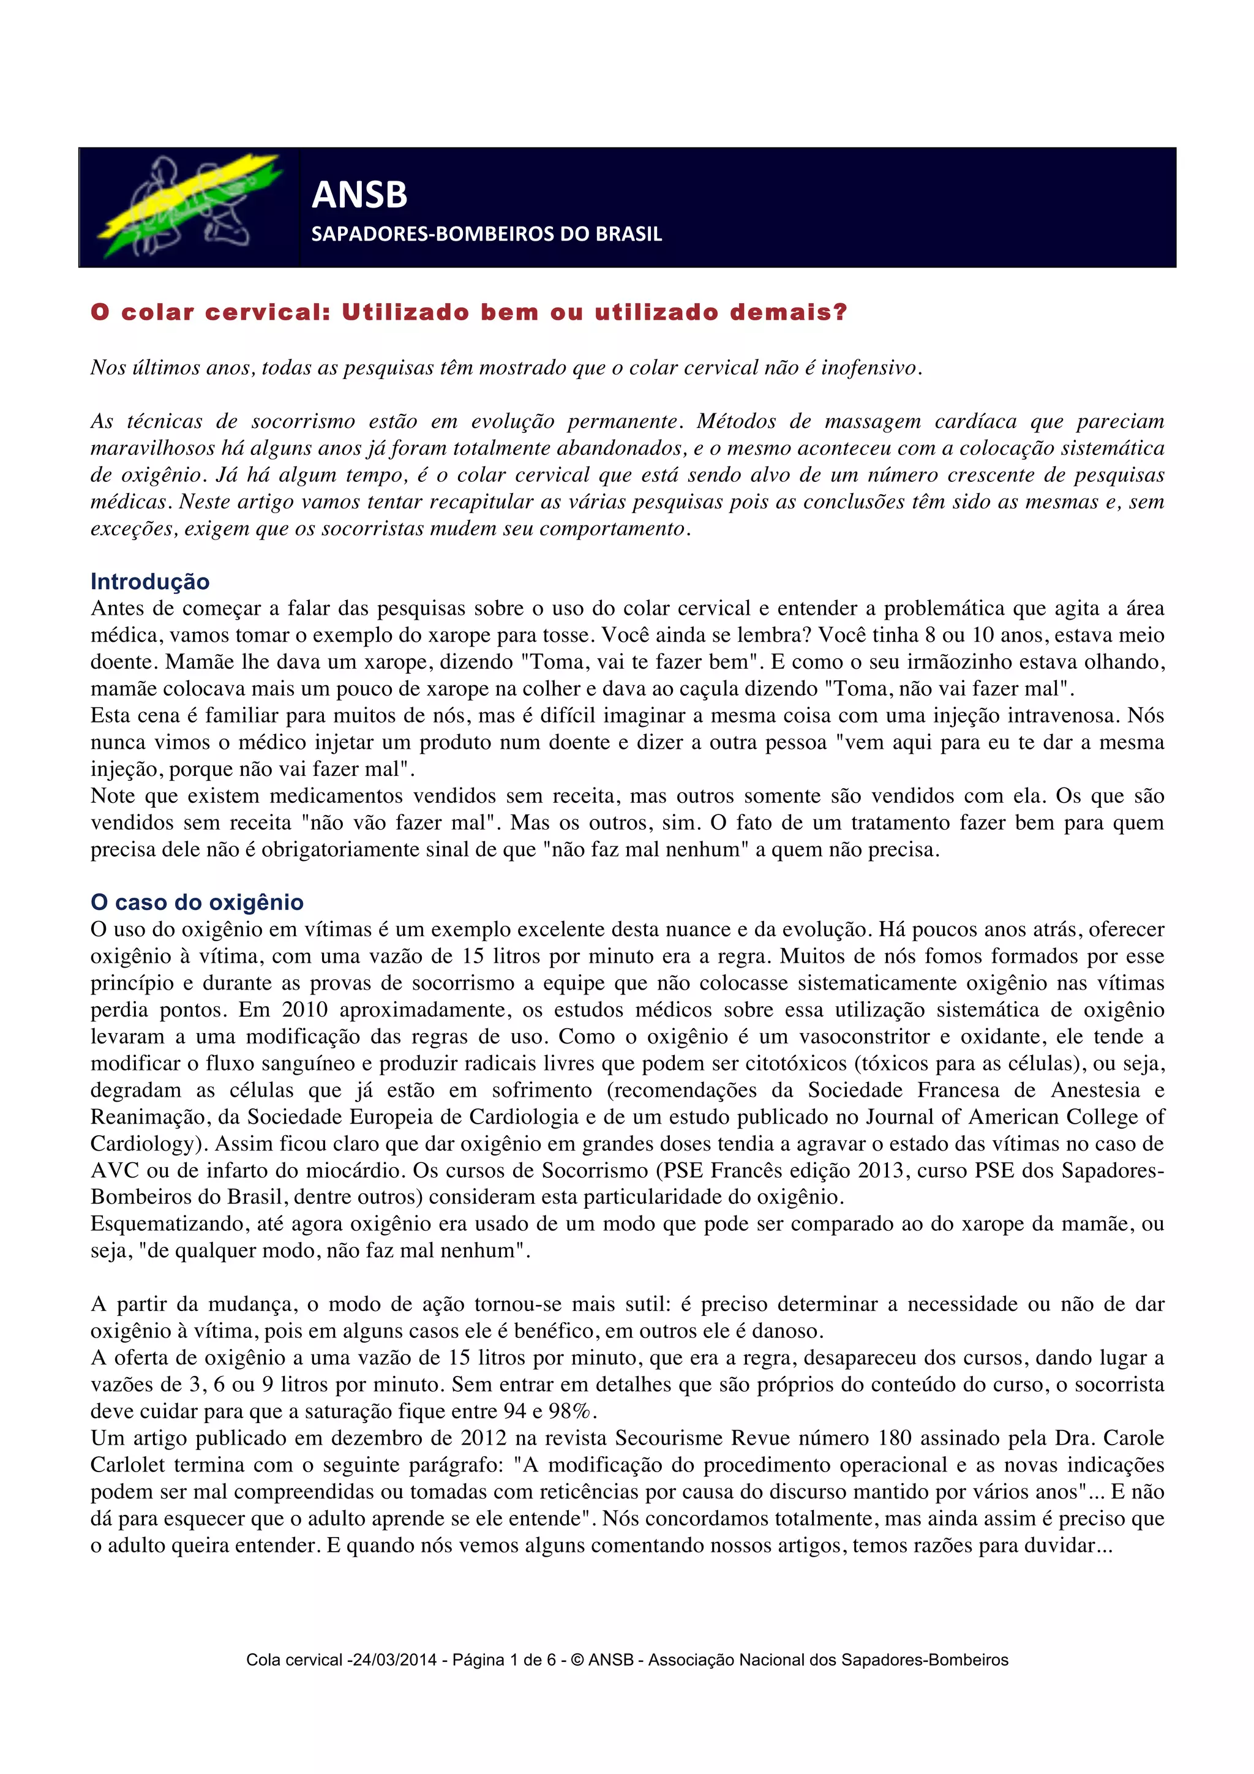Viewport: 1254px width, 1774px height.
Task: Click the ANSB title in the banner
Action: pos(359,195)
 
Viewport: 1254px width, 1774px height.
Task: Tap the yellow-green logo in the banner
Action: pos(189,207)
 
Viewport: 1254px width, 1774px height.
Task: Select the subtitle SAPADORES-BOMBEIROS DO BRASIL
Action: pos(486,234)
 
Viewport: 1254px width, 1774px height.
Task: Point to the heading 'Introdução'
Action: pos(150,581)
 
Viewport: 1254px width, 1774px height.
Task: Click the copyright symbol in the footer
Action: pos(577,1659)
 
